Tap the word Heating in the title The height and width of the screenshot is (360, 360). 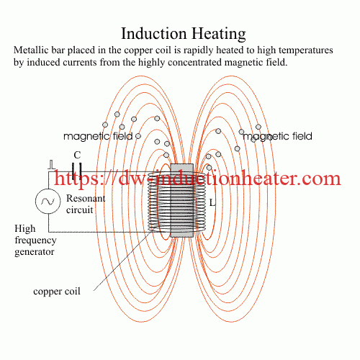[x=217, y=33]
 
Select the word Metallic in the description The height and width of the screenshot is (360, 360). [x=33, y=51]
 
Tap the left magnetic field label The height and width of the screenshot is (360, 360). [x=96, y=135]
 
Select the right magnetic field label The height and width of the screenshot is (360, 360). [x=277, y=135]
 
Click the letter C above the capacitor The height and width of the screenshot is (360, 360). [x=78, y=155]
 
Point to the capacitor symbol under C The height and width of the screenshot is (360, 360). [x=78, y=173]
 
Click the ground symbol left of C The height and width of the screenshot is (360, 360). [x=51, y=166]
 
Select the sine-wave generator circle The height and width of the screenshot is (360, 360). [x=48, y=202]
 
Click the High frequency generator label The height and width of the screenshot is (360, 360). [x=35, y=240]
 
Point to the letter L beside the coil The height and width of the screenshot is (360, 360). [x=212, y=203]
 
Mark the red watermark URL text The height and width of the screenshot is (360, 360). [x=197, y=178]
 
